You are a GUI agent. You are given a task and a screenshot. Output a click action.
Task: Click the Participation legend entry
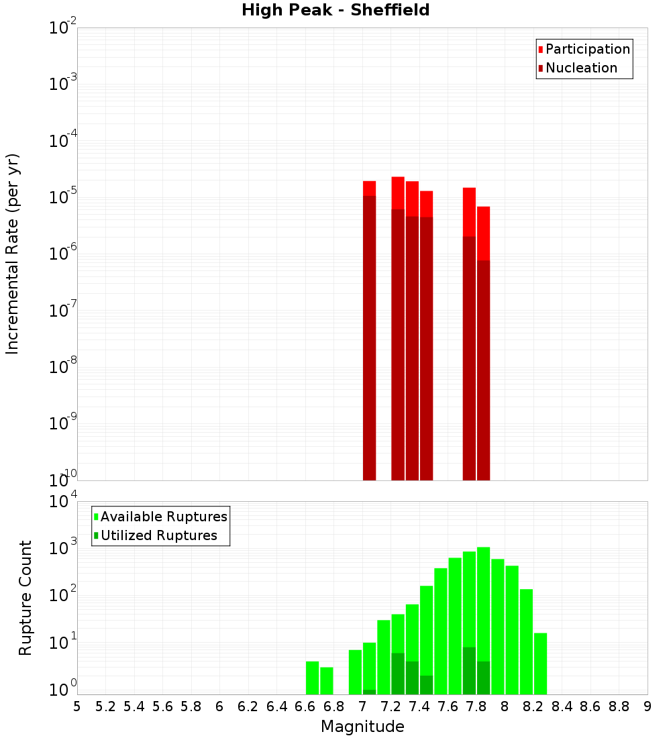[588, 49]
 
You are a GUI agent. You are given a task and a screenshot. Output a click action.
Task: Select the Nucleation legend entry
[581, 68]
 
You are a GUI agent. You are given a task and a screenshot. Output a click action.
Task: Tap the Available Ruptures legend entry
[164, 517]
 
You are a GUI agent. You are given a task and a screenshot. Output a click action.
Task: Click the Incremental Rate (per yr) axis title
[13, 254]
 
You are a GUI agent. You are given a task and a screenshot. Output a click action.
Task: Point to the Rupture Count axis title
[25, 597]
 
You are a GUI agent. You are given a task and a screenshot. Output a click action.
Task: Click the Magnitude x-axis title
[362, 727]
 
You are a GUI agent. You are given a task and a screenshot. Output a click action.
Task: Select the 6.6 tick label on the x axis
[305, 706]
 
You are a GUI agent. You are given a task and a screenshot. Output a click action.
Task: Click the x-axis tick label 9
[648, 706]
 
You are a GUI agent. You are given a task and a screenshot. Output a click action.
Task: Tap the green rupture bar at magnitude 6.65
[312, 678]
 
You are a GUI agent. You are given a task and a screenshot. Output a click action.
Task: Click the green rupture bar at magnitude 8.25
[540, 664]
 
